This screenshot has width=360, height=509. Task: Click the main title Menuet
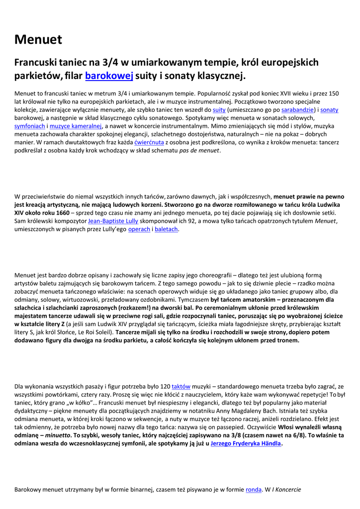pos(38,39)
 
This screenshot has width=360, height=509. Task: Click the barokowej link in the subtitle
pos(109,76)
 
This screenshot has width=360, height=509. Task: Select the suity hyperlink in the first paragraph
pos(219,109)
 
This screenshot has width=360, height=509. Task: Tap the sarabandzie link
pos(298,109)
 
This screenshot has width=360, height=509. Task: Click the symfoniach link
pos(30,126)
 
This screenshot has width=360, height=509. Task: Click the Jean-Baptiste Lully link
pos(113,221)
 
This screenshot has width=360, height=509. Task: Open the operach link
pos(139,229)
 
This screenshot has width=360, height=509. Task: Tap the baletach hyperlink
pos(166,229)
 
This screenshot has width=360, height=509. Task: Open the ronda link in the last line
pos(254,490)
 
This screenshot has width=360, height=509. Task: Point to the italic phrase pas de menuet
pos(199,151)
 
